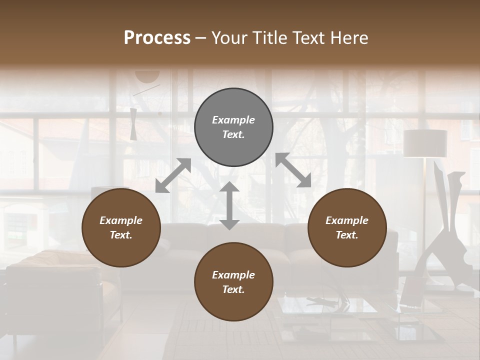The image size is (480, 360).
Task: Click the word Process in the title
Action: tap(157, 38)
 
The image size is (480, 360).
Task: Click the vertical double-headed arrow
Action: tap(229, 205)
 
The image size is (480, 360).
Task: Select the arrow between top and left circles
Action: tap(173, 175)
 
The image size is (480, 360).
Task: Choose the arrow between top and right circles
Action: tap(293, 170)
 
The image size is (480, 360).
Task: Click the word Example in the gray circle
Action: tap(233, 120)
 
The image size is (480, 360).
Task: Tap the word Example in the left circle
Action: tap(121, 220)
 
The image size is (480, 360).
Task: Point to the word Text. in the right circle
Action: tap(347, 235)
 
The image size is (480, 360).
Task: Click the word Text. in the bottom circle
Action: tap(233, 289)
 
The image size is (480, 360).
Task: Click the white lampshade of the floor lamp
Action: tap(425, 143)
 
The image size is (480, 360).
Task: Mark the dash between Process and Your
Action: tap(201, 38)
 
